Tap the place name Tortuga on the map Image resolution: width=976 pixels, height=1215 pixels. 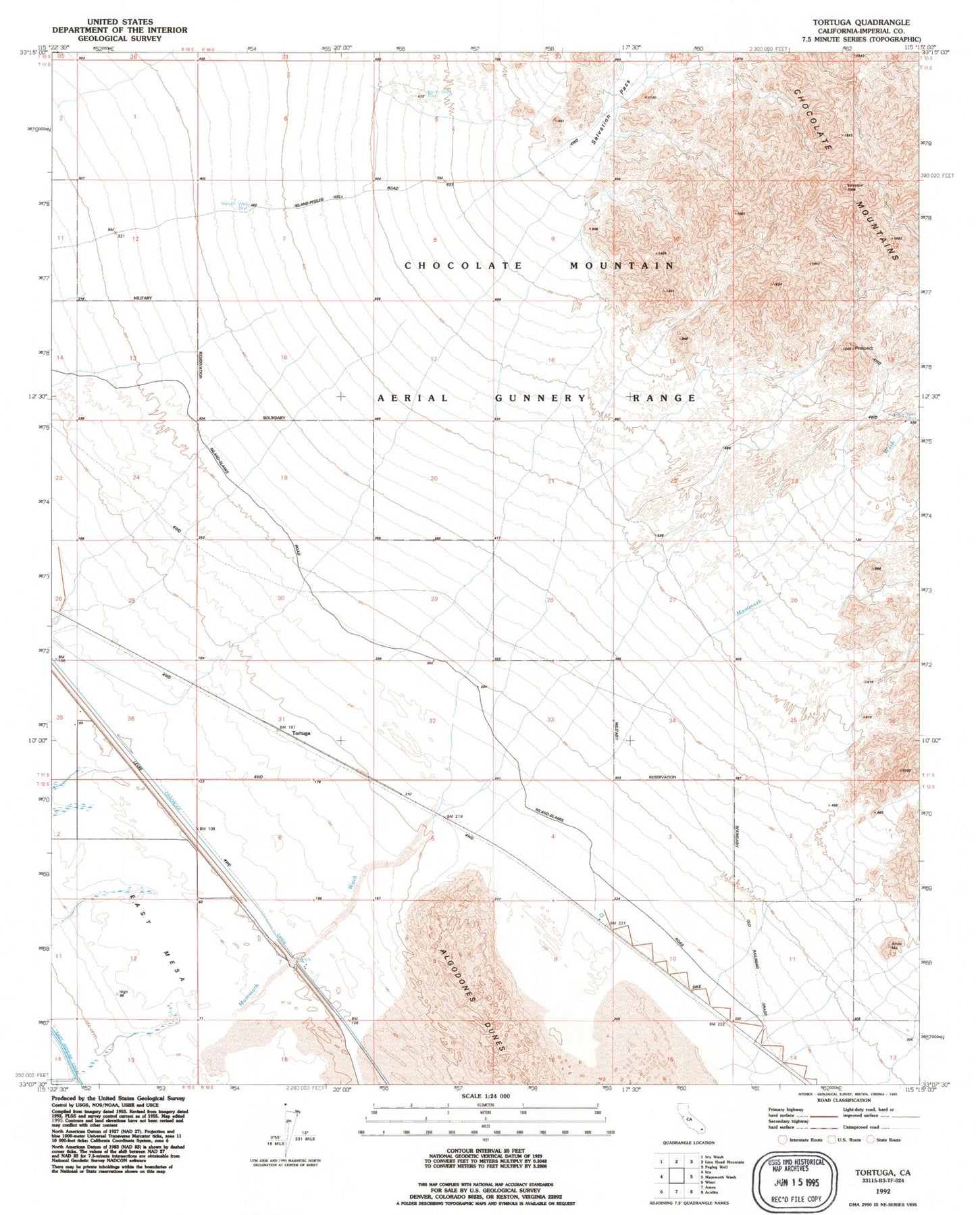(x=301, y=733)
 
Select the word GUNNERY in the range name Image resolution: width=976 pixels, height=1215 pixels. (x=541, y=398)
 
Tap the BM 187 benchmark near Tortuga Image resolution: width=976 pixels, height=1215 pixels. (x=288, y=727)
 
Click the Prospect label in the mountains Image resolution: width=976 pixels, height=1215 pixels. (x=864, y=349)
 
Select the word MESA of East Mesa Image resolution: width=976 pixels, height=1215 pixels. (x=174, y=965)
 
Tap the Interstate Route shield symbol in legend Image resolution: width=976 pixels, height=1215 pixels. (x=782, y=1140)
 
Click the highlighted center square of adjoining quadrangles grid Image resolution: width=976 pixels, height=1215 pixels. (x=677, y=1176)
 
